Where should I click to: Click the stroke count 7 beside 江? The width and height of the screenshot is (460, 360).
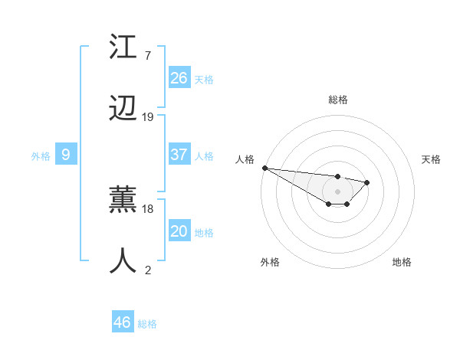[x=148, y=56]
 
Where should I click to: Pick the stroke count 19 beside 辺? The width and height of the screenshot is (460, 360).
[x=148, y=117]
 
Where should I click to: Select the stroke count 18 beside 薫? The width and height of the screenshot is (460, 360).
[x=148, y=208]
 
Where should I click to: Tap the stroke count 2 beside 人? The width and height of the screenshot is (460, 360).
[x=148, y=270]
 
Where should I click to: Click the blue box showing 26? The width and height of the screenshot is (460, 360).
[x=179, y=78]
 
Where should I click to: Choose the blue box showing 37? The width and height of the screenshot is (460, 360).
[x=179, y=155]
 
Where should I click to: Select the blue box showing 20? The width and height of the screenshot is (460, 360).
[x=179, y=231]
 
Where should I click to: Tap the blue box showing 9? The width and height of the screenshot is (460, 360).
[x=66, y=155]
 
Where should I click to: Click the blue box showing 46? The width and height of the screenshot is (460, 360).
[x=123, y=322]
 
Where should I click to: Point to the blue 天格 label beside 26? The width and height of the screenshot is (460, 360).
[x=204, y=80]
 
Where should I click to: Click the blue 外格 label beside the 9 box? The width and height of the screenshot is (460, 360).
[x=41, y=156]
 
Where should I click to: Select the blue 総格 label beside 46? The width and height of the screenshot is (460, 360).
[x=147, y=324]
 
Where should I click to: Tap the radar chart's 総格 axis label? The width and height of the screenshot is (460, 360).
[x=338, y=100]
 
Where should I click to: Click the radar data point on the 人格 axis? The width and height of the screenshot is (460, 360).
[x=264, y=168]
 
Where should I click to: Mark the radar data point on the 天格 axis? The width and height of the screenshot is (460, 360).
[x=367, y=182]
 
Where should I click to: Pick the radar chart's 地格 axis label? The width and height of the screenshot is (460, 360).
[x=402, y=262]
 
